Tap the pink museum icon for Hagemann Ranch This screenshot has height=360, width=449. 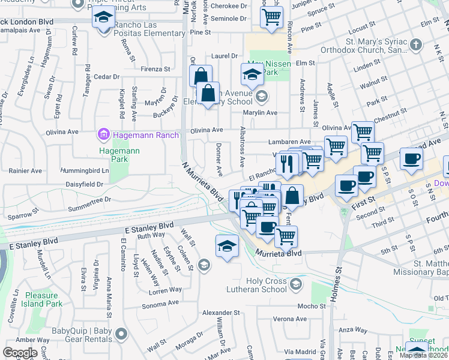[103, 134]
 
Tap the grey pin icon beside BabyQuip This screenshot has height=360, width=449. [121, 333]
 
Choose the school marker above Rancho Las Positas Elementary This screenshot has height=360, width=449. [104, 17]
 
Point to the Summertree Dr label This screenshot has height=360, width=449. [90, 199]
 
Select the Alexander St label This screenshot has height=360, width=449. [220, 313]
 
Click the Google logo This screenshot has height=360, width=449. [20, 352]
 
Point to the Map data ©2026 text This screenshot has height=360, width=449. [423, 355]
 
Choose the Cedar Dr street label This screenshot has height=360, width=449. [107, 76]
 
